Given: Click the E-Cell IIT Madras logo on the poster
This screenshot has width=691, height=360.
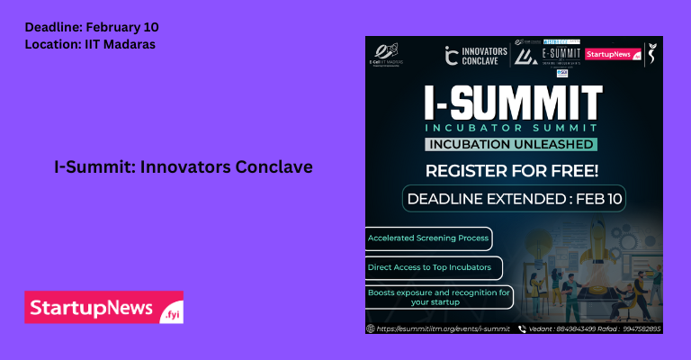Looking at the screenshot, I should [389, 53].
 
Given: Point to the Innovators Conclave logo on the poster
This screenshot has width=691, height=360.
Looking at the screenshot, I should [477, 55].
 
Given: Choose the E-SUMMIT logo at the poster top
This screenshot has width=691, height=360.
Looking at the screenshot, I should [547, 54].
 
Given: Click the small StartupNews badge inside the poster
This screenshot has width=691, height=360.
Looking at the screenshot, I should [608, 54].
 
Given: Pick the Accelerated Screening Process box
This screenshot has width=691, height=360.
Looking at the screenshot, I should [428, 238].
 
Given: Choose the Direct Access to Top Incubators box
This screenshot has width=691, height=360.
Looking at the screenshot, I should [433, 267].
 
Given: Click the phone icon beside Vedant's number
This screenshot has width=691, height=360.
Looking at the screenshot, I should [521, 328].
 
